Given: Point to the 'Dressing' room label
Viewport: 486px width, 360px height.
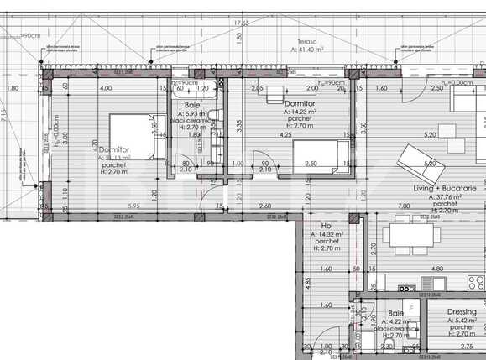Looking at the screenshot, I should click(461, 312).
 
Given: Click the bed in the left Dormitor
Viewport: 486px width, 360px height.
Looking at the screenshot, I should click(131, 136).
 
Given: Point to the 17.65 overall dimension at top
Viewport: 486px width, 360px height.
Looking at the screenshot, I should click(242, 24).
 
